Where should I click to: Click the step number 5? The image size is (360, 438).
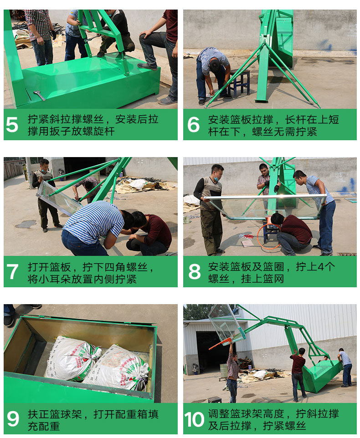12,125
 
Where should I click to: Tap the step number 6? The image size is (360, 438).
193,125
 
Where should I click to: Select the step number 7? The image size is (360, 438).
12,271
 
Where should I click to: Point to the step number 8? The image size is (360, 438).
195,271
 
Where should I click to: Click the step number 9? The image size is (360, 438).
13,419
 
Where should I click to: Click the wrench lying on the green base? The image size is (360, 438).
39,95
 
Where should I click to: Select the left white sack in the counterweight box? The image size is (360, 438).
72,358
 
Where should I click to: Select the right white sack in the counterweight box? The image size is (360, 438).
118,367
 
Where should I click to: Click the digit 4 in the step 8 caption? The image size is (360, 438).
321,267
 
